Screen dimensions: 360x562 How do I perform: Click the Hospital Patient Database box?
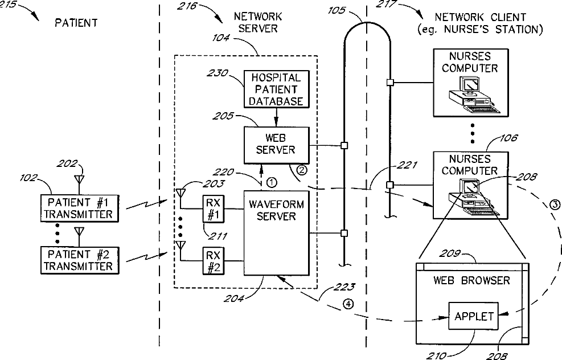point(276,89)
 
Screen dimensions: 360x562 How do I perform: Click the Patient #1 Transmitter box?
point(79,208)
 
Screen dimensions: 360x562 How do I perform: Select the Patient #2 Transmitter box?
point(79,260)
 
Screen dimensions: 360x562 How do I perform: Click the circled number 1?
point(272,182)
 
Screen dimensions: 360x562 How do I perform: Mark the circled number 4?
point(348,304)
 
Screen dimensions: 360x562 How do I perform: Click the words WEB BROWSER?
point(471,280)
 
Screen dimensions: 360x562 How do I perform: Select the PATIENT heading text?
point(76,23)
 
